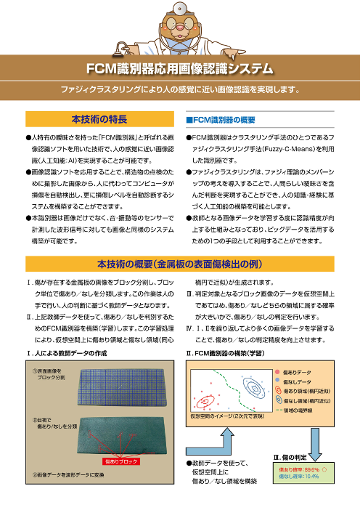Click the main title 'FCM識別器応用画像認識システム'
(179, 70)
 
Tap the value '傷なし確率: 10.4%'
(298, 477)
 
